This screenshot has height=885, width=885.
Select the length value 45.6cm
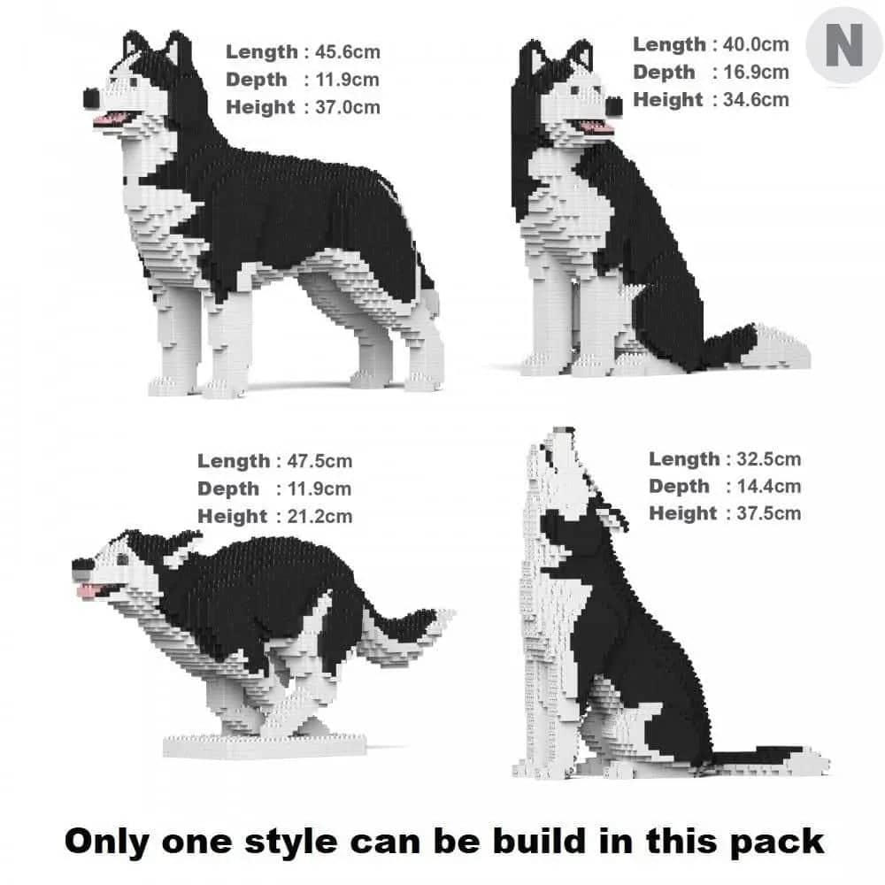347,52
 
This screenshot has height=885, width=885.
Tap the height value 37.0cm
347,107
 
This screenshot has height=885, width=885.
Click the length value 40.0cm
754,44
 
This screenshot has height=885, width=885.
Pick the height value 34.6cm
754,99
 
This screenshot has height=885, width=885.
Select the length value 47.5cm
319,461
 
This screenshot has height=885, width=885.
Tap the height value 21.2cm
319,516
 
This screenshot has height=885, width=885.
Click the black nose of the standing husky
92,96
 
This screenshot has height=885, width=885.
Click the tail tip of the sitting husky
788,355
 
